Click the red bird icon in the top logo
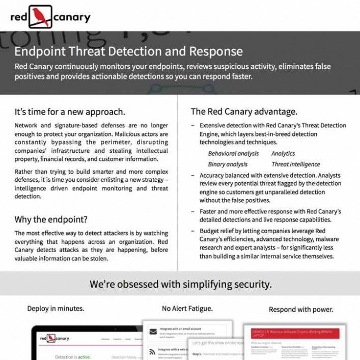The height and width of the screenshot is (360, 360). click(40, 16)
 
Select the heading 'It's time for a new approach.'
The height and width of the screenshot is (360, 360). click(70, 112)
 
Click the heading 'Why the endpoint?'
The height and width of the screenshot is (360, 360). click(51, 219)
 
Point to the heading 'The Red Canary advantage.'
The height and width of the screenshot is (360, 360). click(244, 112)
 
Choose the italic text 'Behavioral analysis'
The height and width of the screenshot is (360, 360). click(233, 153)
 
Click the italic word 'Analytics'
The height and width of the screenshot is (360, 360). click(283, 153)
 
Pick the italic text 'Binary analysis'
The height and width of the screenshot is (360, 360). click(228, 164)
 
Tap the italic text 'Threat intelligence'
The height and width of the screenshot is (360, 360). click(295, 164)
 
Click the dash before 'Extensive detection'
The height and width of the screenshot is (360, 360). click(192, 125)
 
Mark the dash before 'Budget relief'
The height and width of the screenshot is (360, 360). click(192, 231)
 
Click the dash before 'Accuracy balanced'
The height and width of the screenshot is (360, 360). click(192, 175)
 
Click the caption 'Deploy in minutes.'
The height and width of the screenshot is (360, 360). click(56, 309)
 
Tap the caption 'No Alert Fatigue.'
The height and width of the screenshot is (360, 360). click(187, 308)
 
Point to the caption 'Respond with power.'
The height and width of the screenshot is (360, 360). click(301, 309)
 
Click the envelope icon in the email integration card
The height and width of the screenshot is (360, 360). click(152, 331)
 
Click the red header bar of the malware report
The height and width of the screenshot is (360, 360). click(294, 333)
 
